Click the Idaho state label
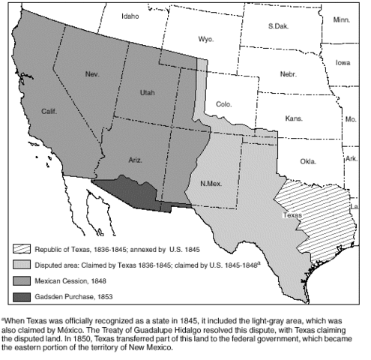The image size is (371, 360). coord(130,15)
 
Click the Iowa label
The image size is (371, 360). coord(343,63)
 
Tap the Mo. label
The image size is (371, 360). coord(350,119)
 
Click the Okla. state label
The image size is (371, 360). coord(307,161)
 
